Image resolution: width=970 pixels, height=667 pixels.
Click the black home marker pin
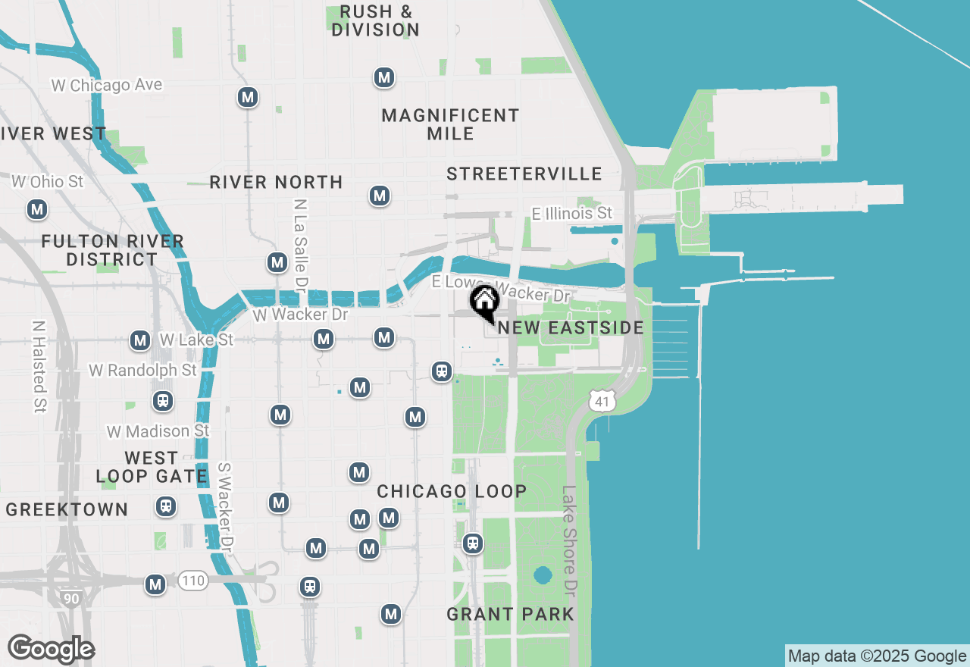pos(484,303)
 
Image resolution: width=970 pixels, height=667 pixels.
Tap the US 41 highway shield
pos(602,402)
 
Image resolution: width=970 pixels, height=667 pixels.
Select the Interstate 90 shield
pos(70,598)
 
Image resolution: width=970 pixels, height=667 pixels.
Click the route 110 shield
pos(193,581)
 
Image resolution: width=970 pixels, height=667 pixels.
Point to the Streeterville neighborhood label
pos(524,174)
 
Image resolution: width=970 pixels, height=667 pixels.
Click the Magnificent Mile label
pos(450,124)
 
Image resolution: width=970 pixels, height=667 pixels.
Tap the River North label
pos(276,183)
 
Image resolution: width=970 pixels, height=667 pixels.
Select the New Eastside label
pos(571,328)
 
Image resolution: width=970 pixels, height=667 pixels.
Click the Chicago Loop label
pos(452,491)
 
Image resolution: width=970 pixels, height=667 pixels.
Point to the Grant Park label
pos(510,614)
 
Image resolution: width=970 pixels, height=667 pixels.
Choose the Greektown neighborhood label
pos(67,509)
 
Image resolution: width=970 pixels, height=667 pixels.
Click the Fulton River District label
pos(112,250)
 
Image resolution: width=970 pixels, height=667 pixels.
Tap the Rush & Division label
pos(376,21)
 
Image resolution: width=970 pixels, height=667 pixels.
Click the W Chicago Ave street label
pos(107,85)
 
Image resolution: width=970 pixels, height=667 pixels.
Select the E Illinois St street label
pos(571,214)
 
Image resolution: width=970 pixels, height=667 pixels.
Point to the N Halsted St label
pos(39,366)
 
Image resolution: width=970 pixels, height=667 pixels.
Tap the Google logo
pos(51,650)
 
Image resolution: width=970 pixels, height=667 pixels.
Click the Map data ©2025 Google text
pos(877,656)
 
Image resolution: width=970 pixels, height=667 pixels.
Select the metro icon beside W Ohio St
pos(36,210)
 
